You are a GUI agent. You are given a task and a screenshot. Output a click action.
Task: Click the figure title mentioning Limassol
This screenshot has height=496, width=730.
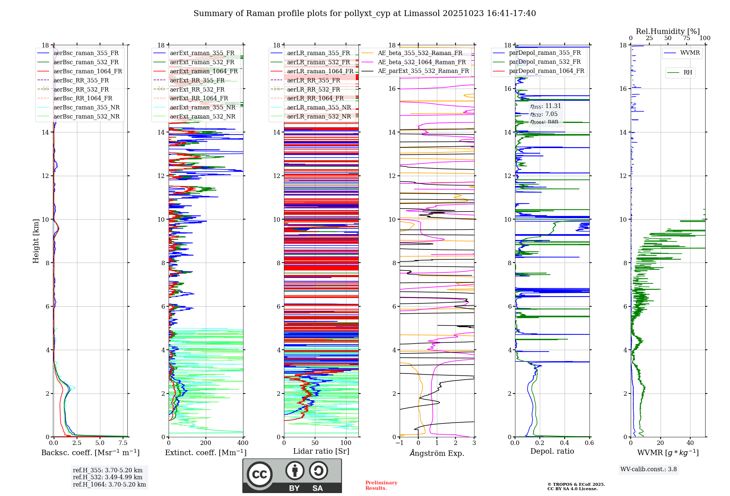[365, 13]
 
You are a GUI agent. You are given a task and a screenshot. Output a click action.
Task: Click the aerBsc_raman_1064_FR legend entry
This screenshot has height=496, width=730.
[88, 71]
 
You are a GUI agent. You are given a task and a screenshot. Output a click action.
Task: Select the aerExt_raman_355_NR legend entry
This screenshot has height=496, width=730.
[203, 108]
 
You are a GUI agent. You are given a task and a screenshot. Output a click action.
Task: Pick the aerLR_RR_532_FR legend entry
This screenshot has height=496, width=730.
[314, 90]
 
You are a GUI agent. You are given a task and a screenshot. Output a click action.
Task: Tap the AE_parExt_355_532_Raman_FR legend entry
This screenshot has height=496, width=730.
[423, 71]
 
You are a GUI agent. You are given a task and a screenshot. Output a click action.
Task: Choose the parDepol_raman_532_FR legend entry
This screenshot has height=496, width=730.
[545, 62]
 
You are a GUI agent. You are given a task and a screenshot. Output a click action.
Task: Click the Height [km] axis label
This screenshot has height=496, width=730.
[36, 241]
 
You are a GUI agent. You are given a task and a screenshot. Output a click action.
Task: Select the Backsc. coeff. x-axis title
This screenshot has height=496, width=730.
[90, 453]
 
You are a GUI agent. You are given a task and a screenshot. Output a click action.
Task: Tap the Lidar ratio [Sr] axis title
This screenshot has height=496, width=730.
[321, 451]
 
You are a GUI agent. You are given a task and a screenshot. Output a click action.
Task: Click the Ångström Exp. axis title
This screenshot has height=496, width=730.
[437, 453]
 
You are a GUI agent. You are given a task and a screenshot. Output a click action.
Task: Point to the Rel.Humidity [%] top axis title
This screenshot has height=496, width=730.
[668, 31]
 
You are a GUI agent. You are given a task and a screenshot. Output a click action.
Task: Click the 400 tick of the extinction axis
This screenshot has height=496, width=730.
[243, 443]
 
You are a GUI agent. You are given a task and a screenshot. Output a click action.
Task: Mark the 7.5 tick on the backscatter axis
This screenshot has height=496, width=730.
[123, 443]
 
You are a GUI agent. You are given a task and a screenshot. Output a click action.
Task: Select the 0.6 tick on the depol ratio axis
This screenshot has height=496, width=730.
[589, 443]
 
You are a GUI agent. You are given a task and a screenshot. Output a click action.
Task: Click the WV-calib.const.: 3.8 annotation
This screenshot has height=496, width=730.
[649, 469]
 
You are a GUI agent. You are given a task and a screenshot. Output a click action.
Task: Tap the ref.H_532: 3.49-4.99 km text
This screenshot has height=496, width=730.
[108, 477]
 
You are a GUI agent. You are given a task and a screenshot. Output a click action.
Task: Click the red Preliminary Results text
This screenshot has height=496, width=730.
[381, 485]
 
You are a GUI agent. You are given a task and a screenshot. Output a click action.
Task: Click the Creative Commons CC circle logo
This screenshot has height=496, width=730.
[260, 474]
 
